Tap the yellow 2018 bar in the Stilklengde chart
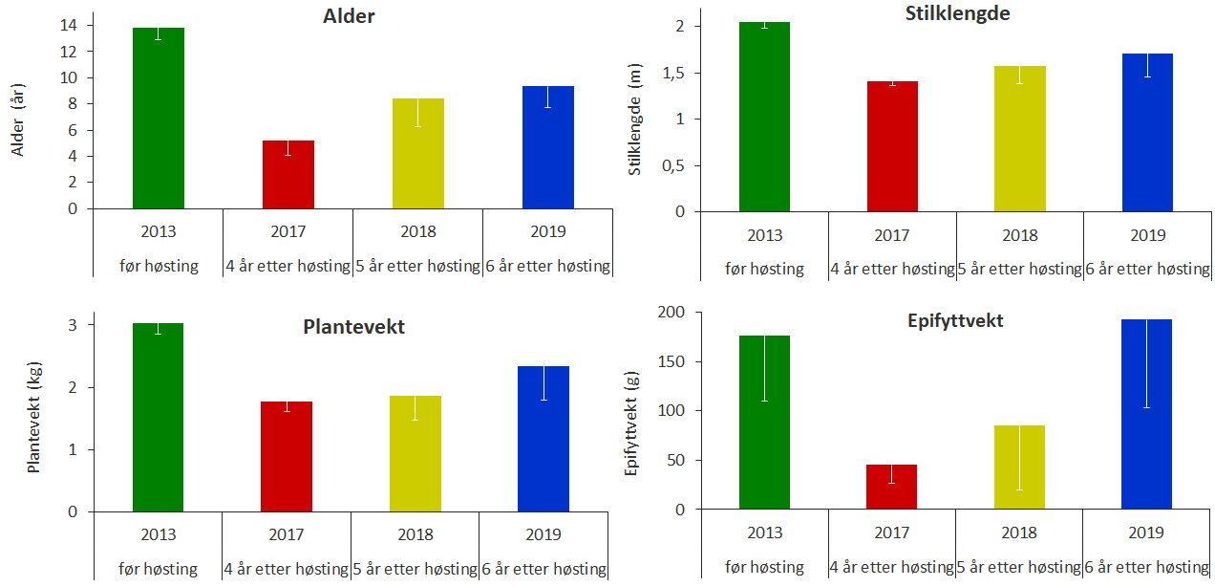1019,139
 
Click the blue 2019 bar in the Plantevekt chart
543,439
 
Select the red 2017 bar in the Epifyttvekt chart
891,487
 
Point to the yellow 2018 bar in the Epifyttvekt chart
1019,467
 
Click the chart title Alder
349,16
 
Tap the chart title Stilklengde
957,13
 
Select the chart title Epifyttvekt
954,320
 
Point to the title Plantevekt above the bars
353,327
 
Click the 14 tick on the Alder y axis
72,25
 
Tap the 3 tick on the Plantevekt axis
73,325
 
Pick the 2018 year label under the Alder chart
418,231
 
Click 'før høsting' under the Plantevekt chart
159,569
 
